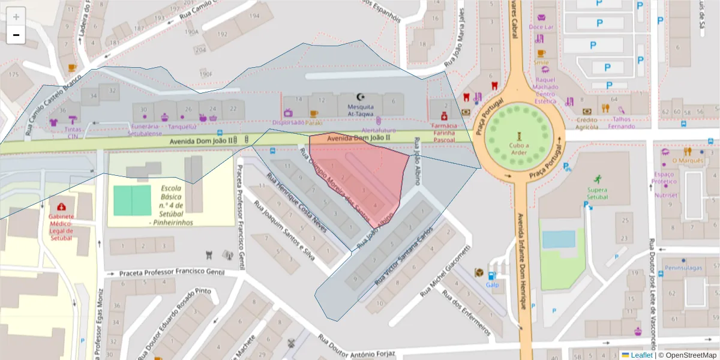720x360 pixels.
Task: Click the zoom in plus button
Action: pyautogui.click(x=16, y=17)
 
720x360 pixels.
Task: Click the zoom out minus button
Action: pyautogui.click(x=16, y=35)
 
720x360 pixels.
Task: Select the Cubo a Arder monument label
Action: pyautogui.click(x=519, y=148)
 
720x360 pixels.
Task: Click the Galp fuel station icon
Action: pyautogui.click(x=492, y=277)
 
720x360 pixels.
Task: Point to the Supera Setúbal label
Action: pyautogui.click(x=597, y=193)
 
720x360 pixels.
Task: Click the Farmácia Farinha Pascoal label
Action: pyautogui.click(x=445, y=133)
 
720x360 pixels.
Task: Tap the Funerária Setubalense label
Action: pyautogui.click(x=144, y=130)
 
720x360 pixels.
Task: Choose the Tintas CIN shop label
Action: pyautogui.click(x=73, y=133)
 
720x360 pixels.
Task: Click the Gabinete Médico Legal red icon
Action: pyautogui.click(x=61, y=206)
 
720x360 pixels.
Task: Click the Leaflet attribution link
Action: pyautogui.click(x=641, y=355)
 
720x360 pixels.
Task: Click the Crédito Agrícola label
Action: pyautogui.click(x=587, y=123)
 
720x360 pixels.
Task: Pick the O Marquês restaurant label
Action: pyautogui.click(x=688, y=160)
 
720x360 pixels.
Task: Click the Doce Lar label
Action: pyautogui.click(x=541, y=27)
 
